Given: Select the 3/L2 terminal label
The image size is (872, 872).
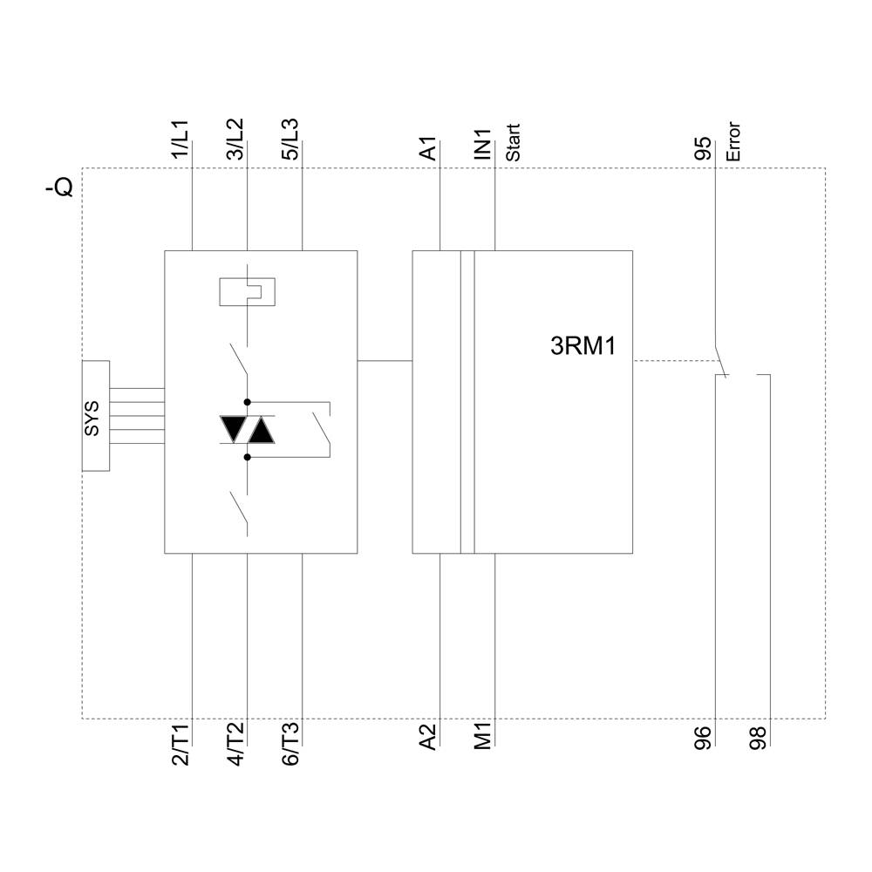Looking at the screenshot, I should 236,140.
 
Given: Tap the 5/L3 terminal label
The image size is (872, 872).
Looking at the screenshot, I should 290,140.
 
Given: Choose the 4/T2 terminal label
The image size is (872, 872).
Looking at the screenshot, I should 236,745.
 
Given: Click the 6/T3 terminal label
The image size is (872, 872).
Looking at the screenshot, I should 290,745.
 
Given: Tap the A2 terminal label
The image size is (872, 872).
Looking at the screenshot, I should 428,738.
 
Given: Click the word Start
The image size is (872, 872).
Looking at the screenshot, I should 514,144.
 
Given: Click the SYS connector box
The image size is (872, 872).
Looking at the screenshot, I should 96,416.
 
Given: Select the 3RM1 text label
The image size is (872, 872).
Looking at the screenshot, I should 583,347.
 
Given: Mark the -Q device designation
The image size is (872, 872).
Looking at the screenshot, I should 60,187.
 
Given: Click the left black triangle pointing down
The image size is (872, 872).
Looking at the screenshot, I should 233,429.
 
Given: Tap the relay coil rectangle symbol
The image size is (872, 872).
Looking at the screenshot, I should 249,291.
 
